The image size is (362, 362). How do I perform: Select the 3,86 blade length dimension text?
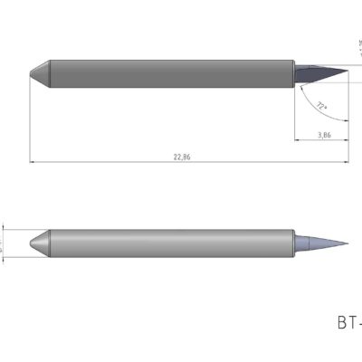[323, 134]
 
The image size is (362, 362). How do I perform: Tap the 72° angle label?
[321, 106]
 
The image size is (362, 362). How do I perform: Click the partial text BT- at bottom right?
[348, 322]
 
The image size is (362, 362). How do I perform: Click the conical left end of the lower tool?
[39, 243]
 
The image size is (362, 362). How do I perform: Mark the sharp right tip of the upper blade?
[348, 72]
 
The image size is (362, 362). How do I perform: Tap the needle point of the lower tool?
[348, 243]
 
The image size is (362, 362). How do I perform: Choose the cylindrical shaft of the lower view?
[172, 243]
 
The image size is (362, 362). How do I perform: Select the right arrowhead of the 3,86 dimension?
[346, 140]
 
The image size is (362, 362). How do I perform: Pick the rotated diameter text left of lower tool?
[3, 243]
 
